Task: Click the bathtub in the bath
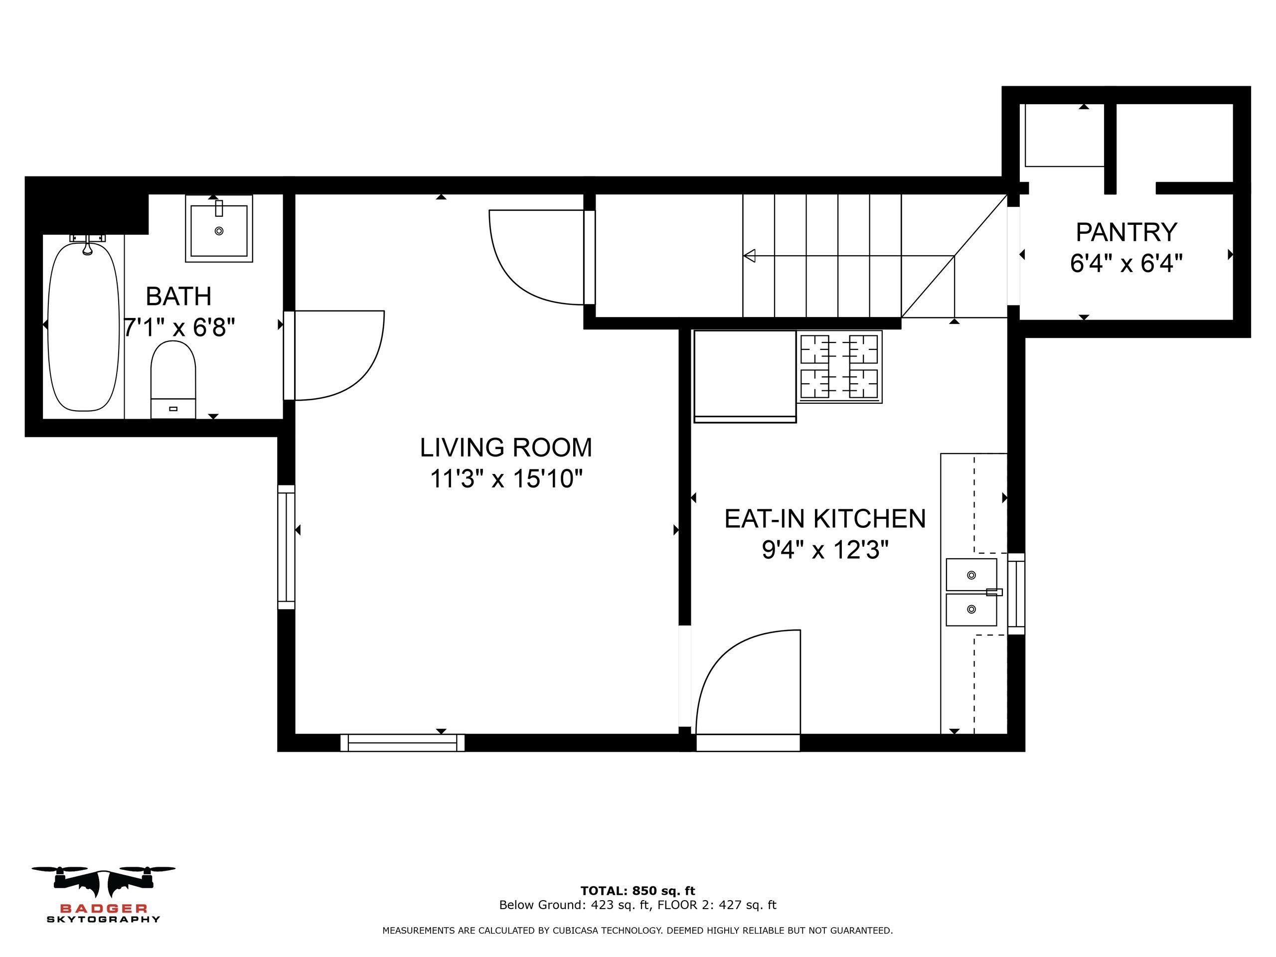pos(84,326)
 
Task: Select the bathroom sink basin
pos(219,229)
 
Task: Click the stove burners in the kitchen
pos(839,366)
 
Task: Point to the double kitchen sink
pos(971,592)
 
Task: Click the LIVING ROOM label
pos(506,448)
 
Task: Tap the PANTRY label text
pos(1126,232)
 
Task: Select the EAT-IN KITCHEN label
pos(825,518)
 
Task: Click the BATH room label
pos(178,297)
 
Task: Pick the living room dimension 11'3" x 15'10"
pos(506,479)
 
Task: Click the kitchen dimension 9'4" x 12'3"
pos(825,550)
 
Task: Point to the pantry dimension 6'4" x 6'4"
pos(1126,264)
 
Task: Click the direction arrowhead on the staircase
pos(749,256)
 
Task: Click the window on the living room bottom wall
pos(402,742)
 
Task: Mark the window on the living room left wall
pos(286,547)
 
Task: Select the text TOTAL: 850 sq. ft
pos(638,891)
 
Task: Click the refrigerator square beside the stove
pos(745,376)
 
